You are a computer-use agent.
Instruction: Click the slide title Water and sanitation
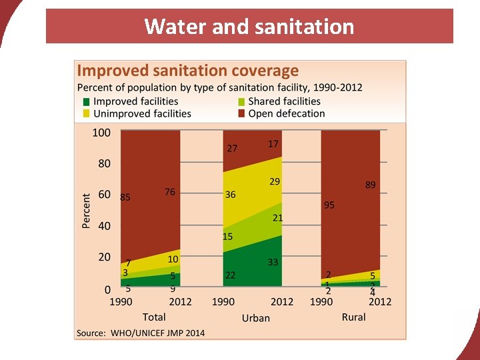[249, 27]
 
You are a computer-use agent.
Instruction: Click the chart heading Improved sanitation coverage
[188, 70]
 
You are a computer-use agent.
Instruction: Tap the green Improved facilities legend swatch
[86, 102]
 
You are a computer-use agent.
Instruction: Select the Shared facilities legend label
[284, 101]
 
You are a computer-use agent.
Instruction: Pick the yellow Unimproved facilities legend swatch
[86, 114]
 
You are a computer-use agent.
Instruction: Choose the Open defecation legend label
[287, 113]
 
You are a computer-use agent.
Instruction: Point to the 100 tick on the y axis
[101, 133]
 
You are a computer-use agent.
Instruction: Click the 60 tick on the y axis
[104, 195]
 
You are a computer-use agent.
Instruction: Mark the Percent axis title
[86, 211]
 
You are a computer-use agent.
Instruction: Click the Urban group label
[255, 318]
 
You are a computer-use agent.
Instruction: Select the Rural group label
[353, 317]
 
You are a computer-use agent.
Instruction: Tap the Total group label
[154, 317]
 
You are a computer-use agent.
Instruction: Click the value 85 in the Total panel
[125, 197]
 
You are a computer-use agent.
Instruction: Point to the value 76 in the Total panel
[170, 192]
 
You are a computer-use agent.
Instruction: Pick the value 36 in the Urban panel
[231, 195]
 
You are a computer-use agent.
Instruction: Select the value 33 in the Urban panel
[273, 262]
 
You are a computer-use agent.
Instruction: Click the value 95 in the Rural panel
[329, 205]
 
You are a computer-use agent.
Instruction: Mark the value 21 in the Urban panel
[278, 218]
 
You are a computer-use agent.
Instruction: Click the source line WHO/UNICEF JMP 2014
[141, 332]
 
